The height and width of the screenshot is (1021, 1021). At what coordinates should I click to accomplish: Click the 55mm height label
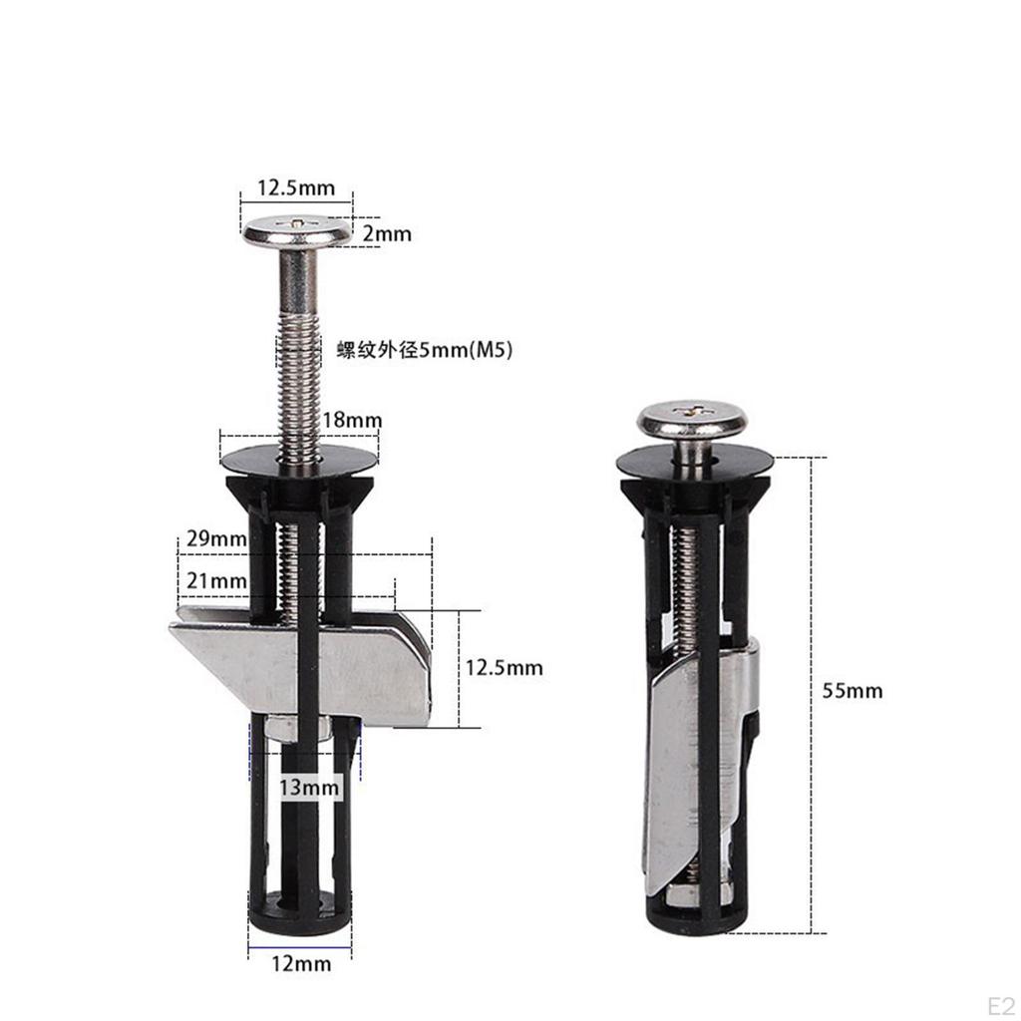click(x=851, y=690)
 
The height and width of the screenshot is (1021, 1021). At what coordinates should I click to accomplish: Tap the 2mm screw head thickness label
click(x=387, y=233)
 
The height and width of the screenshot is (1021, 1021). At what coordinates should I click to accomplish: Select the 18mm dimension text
click(x=352, y=420)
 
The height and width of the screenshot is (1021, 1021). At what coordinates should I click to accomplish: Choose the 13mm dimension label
click(x=310, y=788)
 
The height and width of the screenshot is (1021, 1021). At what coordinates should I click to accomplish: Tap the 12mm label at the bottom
click(x=301, y=963)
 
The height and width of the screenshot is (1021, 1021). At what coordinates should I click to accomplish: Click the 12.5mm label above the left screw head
click(x=296, y=187)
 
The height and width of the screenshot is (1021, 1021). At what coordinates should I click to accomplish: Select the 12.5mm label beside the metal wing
click(x=504, y=667)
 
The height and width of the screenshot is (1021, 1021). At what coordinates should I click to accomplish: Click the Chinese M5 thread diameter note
click(x=425, y=350)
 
